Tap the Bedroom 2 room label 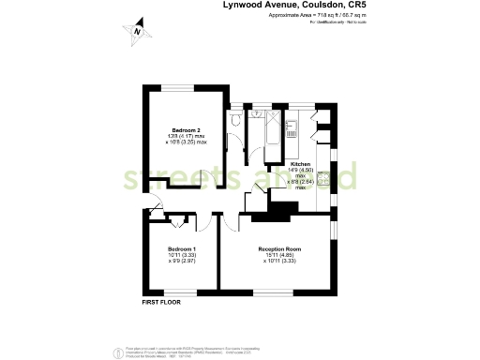184,130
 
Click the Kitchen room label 301,163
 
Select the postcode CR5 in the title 347,6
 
